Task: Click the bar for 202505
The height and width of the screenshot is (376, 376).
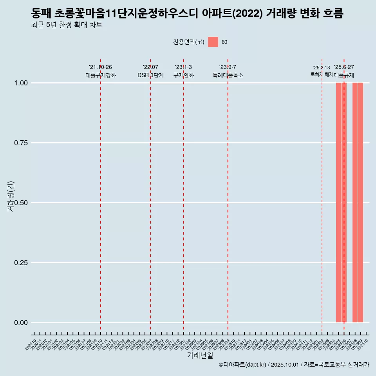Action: [x=338, y=202]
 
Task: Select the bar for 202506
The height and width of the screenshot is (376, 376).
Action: [x=344, y=202]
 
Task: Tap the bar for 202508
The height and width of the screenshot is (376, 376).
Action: [x=355, y=202]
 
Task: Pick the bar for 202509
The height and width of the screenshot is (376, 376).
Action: [x=360, y=202]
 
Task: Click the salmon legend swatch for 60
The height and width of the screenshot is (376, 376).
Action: [x=213, y=42]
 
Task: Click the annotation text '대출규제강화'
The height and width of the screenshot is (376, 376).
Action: [x=101, y=75]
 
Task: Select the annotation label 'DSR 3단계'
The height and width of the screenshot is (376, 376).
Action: [x=150, y=75]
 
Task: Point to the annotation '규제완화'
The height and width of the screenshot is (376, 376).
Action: [x=184, y=75]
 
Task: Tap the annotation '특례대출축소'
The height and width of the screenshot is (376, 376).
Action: [x=228, y=75]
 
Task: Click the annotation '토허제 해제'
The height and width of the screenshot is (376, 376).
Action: [x=322, y=74]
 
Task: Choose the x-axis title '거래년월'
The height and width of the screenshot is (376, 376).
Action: [x=200, y=356]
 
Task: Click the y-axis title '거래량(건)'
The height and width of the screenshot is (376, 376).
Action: [x=11, y=197]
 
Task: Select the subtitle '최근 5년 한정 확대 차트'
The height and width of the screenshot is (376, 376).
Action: [x=67, y=25]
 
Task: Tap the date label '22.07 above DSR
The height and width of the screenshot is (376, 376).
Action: [x=150, y=67]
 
